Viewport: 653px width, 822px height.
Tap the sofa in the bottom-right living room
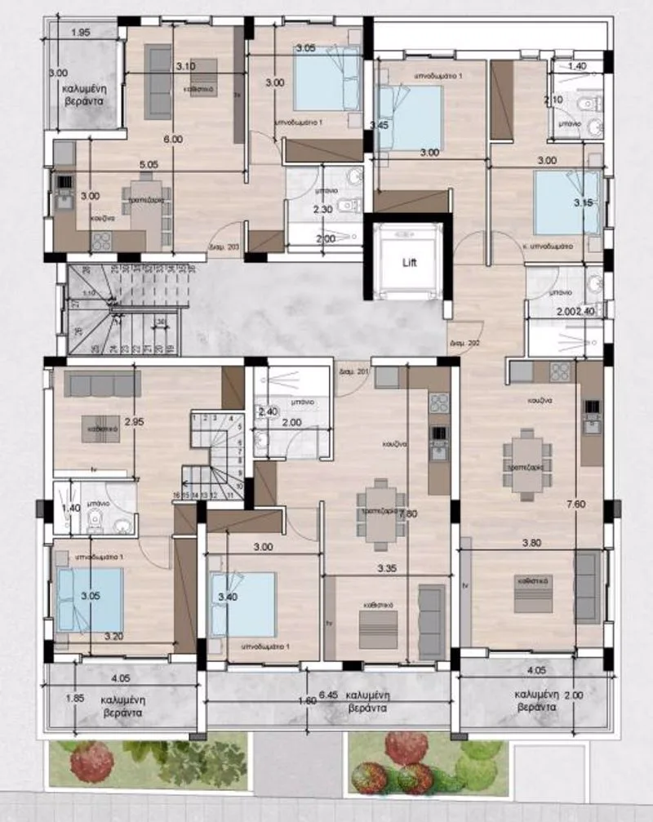[588, 588]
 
